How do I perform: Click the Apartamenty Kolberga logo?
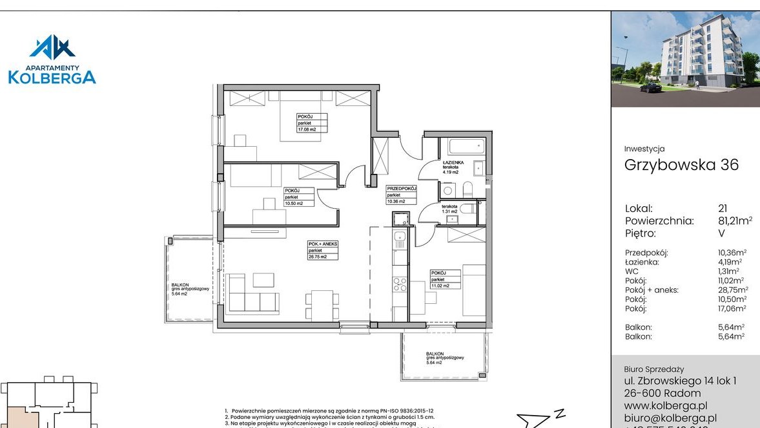coord(52,59)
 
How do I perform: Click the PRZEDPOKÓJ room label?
coord(402,188)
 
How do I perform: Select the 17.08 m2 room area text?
coord(307,129)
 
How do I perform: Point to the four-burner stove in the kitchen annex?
coord(400,284)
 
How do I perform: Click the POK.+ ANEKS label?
coord(323,244)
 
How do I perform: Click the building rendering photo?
coord(685,59)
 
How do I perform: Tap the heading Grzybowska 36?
coord(681,165)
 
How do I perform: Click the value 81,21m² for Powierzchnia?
coord(735,221)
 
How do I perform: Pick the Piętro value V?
coord(721,233)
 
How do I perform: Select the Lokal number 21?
coord(723,209)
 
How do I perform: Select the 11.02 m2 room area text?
coord(440,285)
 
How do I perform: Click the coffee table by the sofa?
coord(263,280)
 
